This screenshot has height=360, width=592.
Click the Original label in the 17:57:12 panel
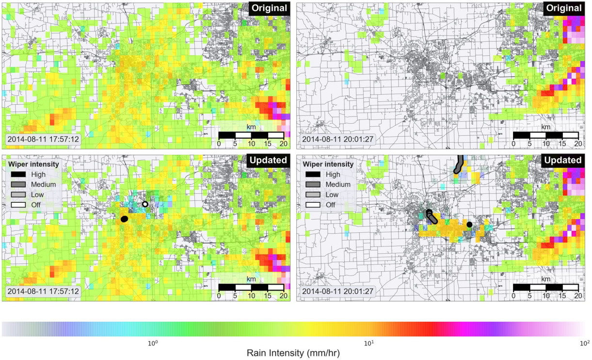pyautogui.click(x=269, y=8)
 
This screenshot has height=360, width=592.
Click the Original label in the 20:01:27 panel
pyautogui.click(x=563, y=8)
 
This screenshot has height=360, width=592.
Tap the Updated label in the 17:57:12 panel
pyautogui.click(x=269, y=160)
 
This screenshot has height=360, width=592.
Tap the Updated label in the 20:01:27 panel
pyautogui.click(x=562, y=160)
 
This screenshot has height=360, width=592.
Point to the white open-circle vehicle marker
pyautogui.click(x=145, y=204)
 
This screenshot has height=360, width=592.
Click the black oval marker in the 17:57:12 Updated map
pyautogui.click(x=124, y=219)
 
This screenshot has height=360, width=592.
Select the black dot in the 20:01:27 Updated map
pyautogui.click(x=469, y=224)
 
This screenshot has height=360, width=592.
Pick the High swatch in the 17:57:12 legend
pyautogui.click(x=18, y=174)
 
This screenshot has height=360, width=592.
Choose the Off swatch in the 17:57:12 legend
pyautogui.click(x=18, y=205)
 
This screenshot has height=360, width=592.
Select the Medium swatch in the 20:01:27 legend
pyautogui.click(x=312, y=184)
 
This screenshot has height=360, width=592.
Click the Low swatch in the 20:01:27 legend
pyautogui.click(x=312, y=195)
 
